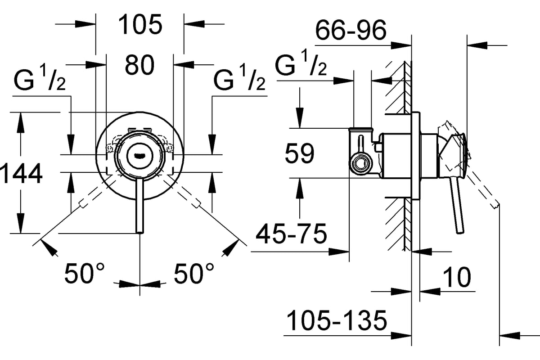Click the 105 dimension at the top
(140, 24)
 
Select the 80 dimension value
(139, 65)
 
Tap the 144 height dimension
(21, 173)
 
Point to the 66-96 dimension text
(351, 30)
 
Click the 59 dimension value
(300, 153)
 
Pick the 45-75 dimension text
(291, 234)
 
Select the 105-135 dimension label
(337, 320)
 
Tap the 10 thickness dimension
(457, 277)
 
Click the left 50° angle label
(85, 273)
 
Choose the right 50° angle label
(194, 273)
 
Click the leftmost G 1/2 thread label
(40, 78)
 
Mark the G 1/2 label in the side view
(301, 63)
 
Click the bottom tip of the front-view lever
(140, 233)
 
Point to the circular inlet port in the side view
(360, 164)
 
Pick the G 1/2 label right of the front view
(239, 78)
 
